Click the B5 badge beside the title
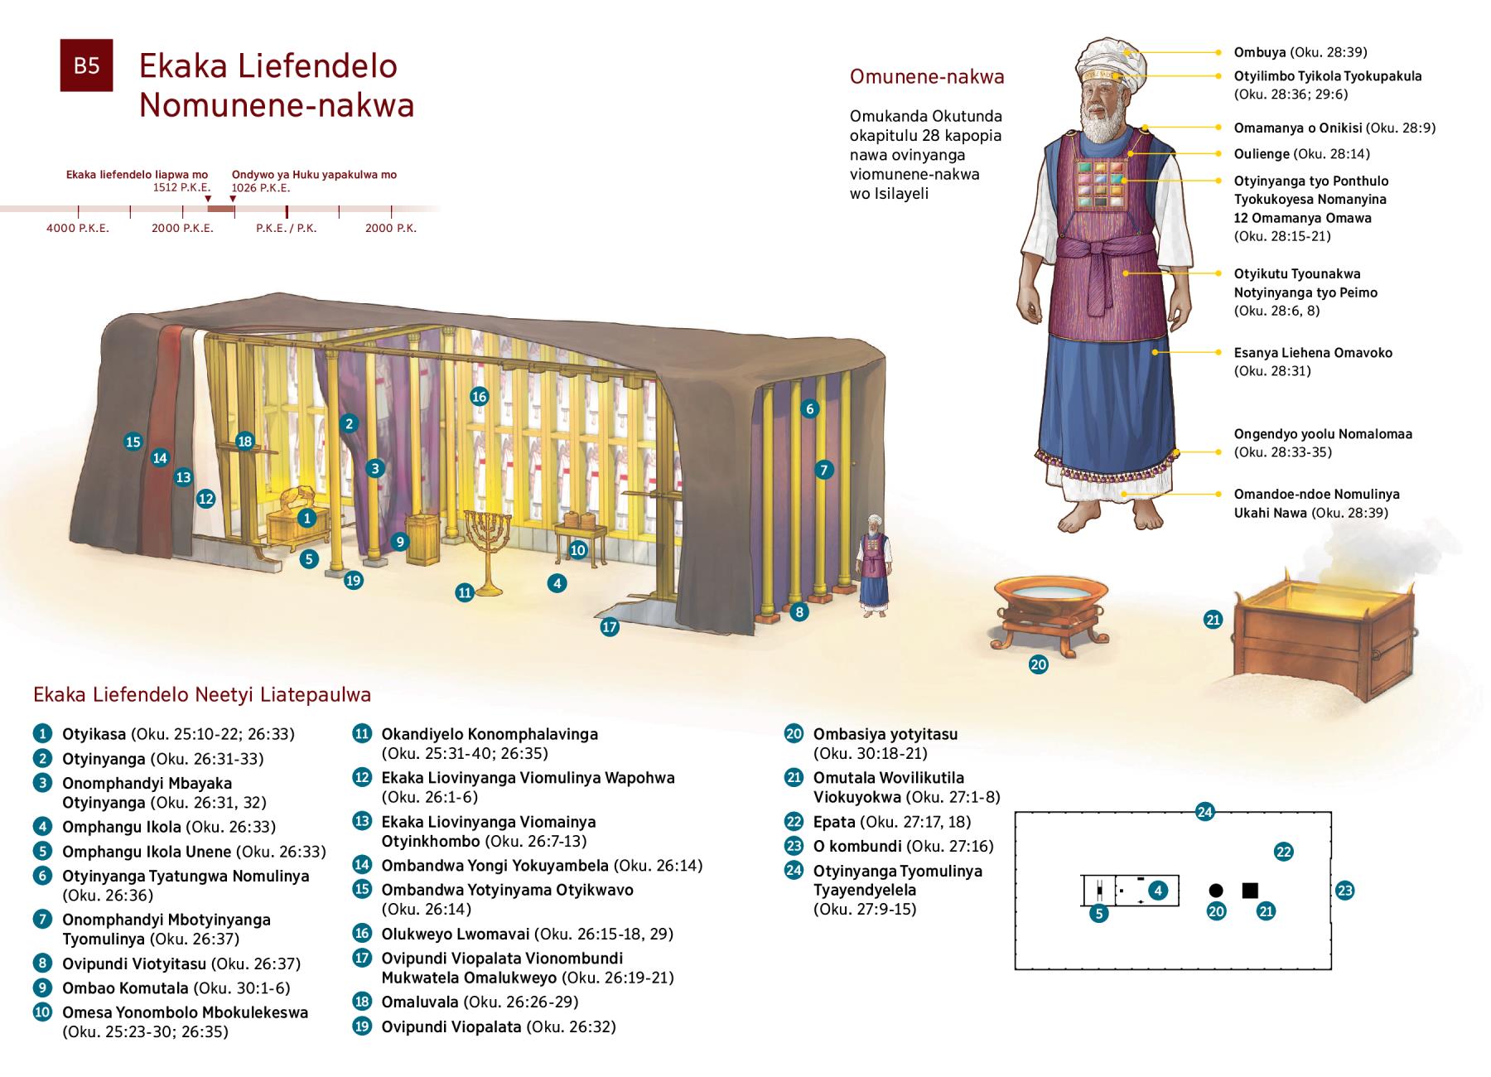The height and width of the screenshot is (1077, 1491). pos(86,65)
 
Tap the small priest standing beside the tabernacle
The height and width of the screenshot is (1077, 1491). pos(872,572)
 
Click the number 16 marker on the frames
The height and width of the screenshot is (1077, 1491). pos(479,397)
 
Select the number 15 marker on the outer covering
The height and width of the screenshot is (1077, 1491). pos(133,442)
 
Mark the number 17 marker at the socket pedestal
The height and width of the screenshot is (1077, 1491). pos(610,627)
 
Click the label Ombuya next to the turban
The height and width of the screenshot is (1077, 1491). pos(1260,52)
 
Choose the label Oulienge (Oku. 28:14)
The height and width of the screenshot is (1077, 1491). pos(1301,153)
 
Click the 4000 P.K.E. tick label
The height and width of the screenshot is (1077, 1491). pos(78,228)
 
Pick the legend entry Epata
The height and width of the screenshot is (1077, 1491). pos(834,822)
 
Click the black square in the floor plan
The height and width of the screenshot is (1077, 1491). pos(1250,891)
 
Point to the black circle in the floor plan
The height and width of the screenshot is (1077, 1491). pos(1216,891)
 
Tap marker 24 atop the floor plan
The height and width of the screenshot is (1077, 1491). pos(1205,812)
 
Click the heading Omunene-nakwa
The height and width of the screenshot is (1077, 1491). pos(927,77)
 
